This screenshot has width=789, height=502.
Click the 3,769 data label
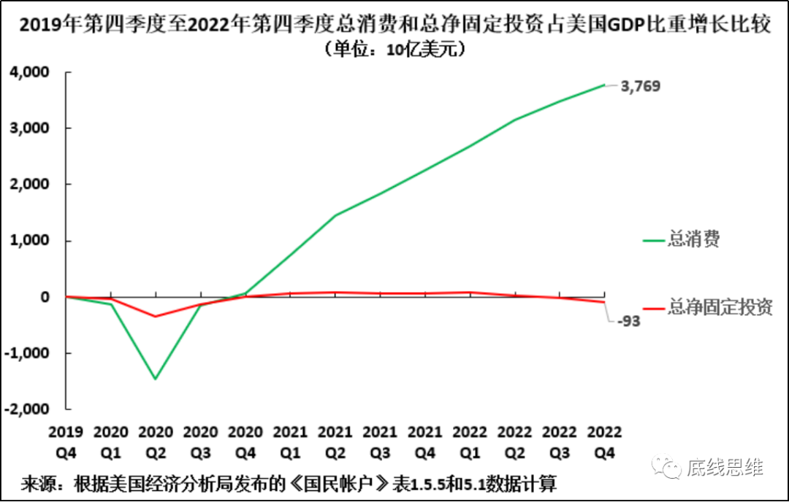click(x=640, y=86)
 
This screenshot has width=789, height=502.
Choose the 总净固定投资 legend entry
click(x=720, y=307)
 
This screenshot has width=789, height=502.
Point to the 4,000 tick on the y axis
click(x=29, y=72)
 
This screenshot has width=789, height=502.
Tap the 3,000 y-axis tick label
click(x=29, y=128)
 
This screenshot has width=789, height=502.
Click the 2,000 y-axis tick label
click(x=29, y=185)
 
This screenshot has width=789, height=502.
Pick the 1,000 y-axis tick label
click(x=29, y=241)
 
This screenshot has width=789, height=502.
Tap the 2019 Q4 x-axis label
click(x=66, y=442)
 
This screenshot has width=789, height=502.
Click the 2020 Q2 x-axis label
click(x=156, y=442)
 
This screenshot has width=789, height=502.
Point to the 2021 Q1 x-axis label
click(x=290, y=442)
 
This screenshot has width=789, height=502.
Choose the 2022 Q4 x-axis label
click(x=604, y=442)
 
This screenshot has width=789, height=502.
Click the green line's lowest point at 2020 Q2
click(x=156, y=379)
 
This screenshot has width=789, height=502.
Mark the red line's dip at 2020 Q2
click(x=156, y=317)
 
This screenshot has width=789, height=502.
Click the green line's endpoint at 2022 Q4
click(x=604, y=85)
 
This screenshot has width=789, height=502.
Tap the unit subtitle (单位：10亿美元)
click(x=394, y=50)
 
